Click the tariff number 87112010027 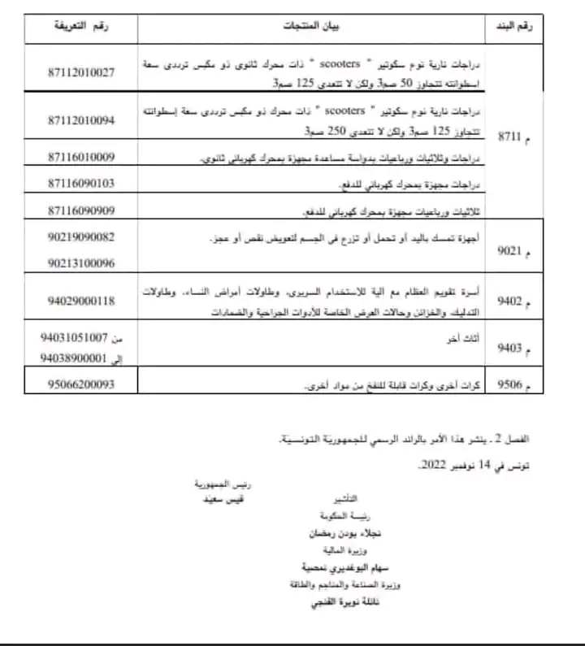pyautogui.click(x=81, y=72)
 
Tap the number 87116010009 pyautogui.click(x=81, y=157)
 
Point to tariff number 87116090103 pyautogui.click(x=81, y=183)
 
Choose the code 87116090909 pyautogui.click(x=81, y=209)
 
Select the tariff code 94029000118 pyautogui.click(x=81, y=301)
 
